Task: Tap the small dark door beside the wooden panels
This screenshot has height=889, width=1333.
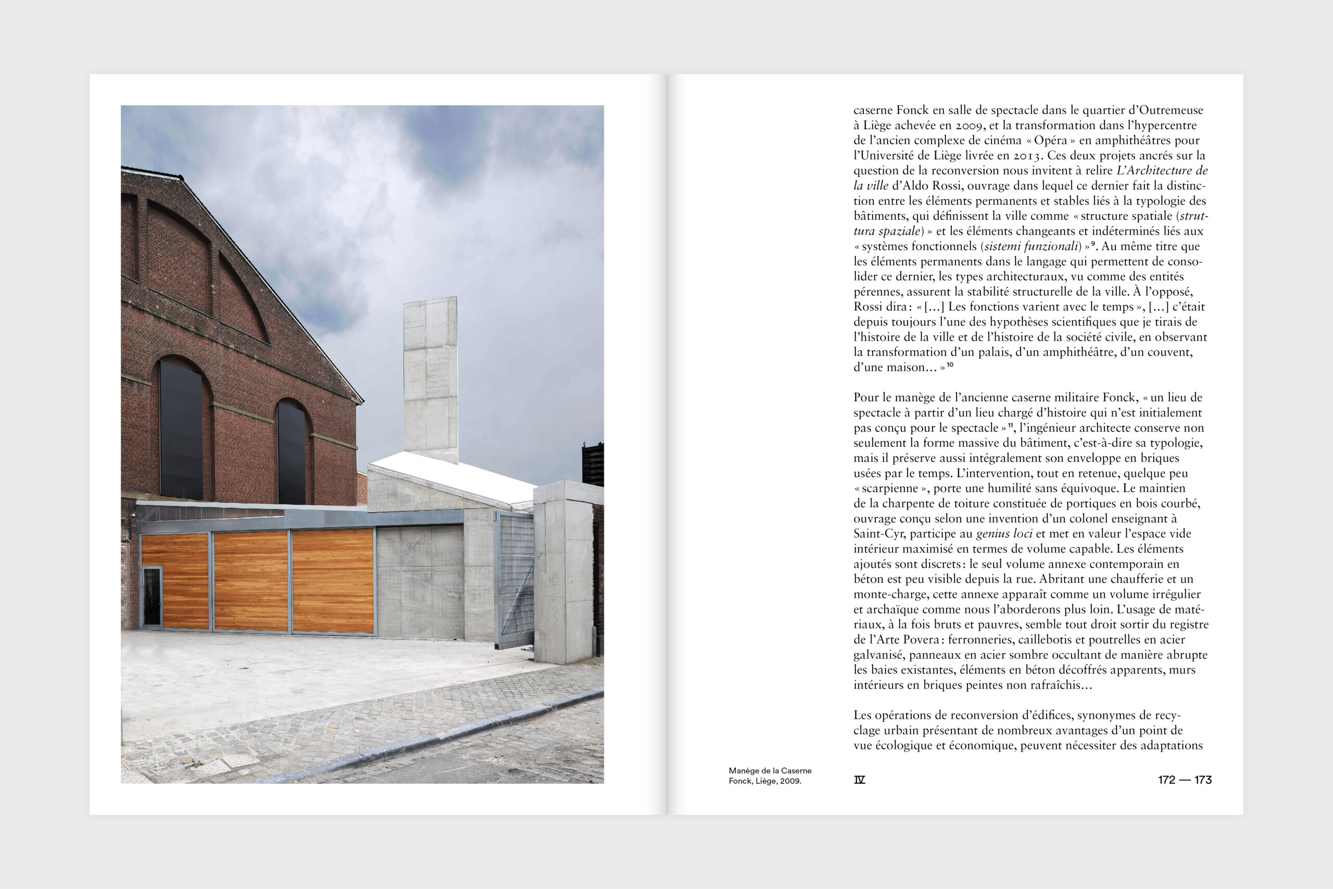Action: [152, 596]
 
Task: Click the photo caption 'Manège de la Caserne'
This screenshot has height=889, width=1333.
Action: [770, 770]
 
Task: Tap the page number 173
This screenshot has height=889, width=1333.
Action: [1203, 780]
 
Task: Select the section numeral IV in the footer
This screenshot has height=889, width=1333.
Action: [859, 780]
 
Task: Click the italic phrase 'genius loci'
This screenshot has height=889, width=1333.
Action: [1003, 533]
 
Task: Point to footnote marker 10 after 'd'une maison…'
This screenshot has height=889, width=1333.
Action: [950, 365]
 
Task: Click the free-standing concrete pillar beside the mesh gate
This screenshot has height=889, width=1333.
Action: [563, 573]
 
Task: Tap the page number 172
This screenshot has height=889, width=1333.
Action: [1166, 780]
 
